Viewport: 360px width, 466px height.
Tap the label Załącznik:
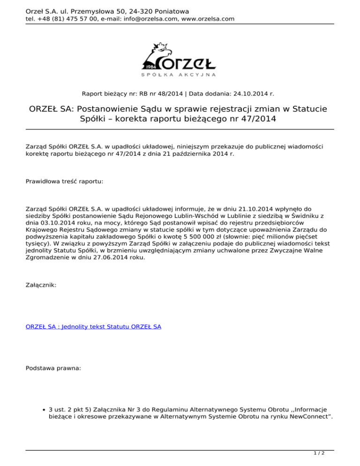[x=41, y=285]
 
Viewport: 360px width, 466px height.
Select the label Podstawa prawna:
[x=53, y=368]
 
